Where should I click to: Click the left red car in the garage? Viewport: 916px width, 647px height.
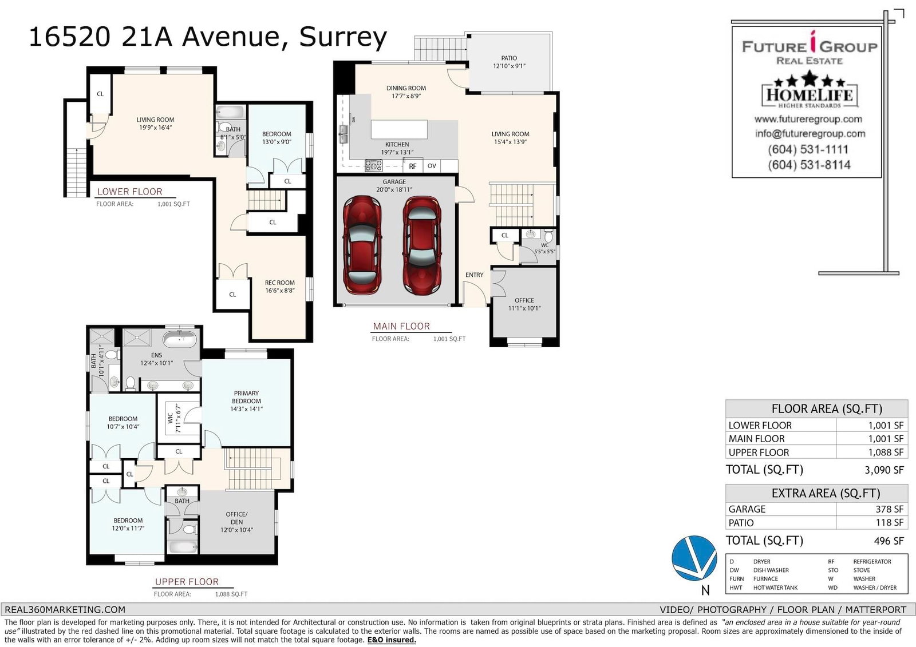362,245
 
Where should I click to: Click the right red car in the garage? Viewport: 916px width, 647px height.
422,245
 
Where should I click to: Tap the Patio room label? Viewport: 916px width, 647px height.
509,62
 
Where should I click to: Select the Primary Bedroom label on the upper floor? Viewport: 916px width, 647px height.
246,400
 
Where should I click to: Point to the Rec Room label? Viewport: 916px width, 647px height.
280,286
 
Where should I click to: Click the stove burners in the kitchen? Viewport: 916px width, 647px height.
373,165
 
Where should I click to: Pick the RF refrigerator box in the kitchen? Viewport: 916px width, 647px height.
413,166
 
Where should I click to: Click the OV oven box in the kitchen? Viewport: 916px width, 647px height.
432,165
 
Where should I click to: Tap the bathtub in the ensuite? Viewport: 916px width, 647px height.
180,339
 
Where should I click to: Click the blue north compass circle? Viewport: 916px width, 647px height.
694,558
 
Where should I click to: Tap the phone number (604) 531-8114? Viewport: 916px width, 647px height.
809,165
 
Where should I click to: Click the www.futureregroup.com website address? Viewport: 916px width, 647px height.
808,119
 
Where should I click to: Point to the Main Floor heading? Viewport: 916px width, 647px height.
401,326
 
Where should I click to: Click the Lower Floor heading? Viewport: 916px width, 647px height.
129,191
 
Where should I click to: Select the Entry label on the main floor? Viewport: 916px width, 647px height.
475,275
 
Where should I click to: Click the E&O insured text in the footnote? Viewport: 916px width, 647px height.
392,640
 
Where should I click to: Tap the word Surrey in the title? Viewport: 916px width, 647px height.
343,38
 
